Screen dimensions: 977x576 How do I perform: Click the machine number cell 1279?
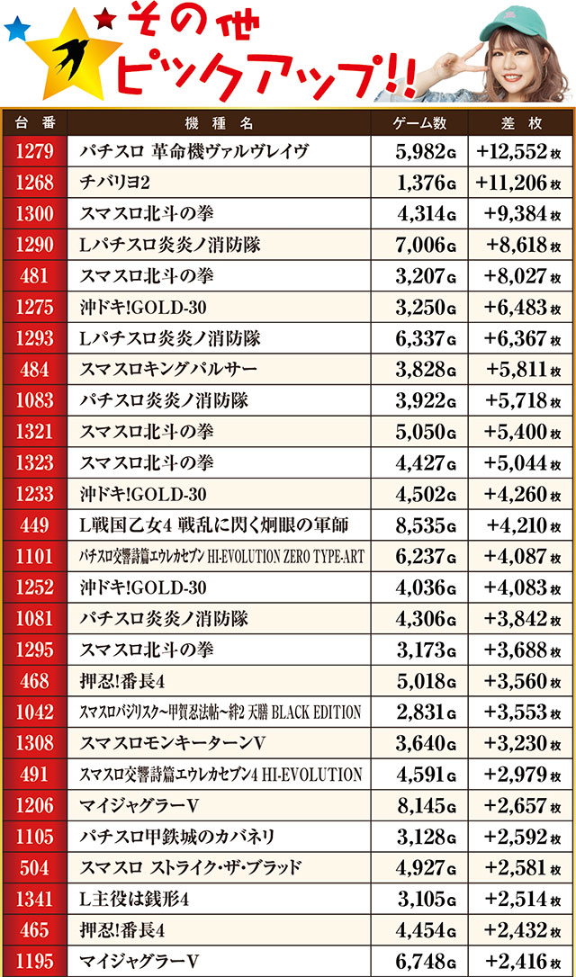tap(34, 152)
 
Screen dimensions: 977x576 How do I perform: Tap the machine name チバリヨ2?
tap(114, 183)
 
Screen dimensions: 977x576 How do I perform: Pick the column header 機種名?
tap(219, 122)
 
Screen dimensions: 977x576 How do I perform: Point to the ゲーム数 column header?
tap(420, 122)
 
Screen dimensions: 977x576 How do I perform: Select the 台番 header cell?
tap(34, 122)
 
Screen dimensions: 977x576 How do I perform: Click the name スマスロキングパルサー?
tap(168, 370)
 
